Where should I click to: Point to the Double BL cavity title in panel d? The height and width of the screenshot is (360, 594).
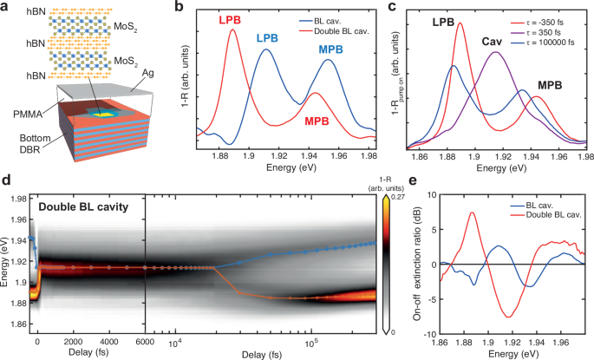(x=82, y=206)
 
